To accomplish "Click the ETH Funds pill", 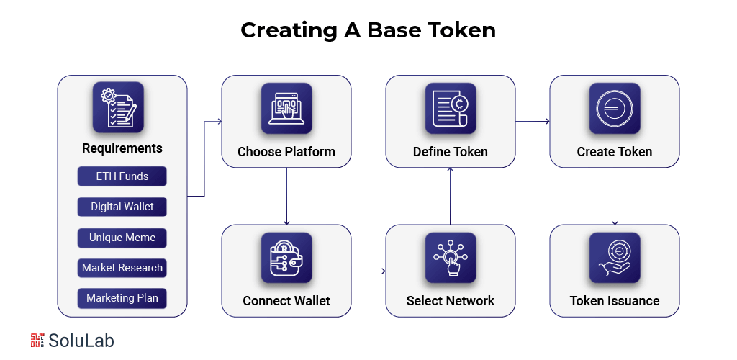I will pyautogui.click(x=122, y=176).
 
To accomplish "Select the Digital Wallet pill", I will pyautogui.click(x=122, y=207).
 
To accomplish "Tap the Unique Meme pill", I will pyautogui.click(x=122, y=238).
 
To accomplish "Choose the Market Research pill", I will pyautogui.click(x=122, y=268).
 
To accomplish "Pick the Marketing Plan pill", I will pyautogui.click(x=122, y=298).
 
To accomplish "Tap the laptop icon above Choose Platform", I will pyautogui.click(x=286, y=108).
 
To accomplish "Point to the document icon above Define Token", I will pyautogui.click(x=451, y=108).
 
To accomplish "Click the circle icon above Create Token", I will pyautogui.click(x=615, y=108).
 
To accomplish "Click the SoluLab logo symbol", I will pyautogui.click(x=38, y=341).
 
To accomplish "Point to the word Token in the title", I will pyautogui.click(x=461, y=30).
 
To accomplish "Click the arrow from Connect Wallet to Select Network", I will pyautogui.click(x=368, y=271).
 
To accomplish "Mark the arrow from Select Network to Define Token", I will pyautogui.click(x=451, y=196).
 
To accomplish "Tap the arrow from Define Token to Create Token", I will pyautogui.click(x=533, y=121).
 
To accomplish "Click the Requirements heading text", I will pyautogui.click(x=122, y=148).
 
